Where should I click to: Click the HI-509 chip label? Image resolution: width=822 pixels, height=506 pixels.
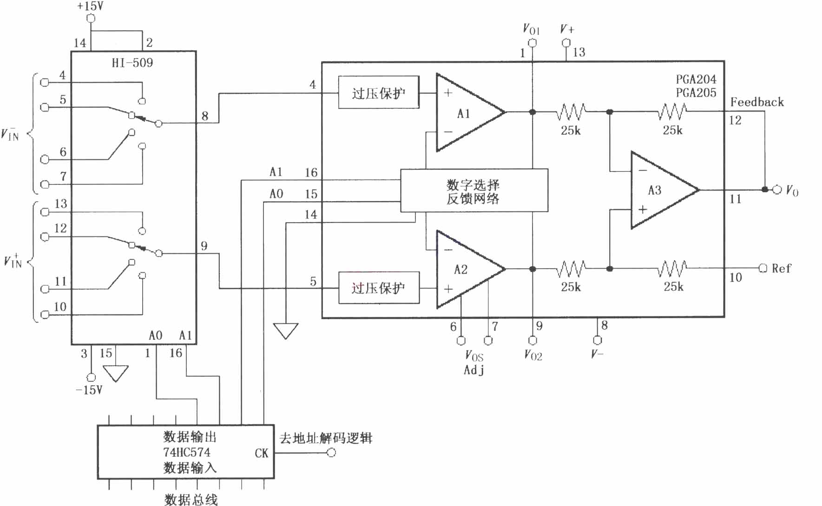coord(132,63)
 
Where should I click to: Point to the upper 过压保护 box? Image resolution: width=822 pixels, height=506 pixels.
coord(379,92)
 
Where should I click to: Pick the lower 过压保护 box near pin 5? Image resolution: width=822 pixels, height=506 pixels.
coord(379,288)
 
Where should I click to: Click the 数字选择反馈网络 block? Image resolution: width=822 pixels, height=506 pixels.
coord(474,191)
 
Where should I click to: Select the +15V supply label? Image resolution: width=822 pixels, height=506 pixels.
coord(90,7)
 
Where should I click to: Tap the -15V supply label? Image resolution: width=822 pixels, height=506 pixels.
coord(89,390)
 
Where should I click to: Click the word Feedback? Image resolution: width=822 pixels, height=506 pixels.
coord(757,102)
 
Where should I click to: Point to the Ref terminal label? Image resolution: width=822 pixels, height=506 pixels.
coord(781,268)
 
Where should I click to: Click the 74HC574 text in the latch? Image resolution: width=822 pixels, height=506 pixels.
coord(186,452)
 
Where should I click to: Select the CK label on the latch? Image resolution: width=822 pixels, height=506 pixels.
coord(262,453)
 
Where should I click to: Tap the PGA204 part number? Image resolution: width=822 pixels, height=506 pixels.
coord(696,79)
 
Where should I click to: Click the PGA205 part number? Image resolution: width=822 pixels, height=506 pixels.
coord(696,93)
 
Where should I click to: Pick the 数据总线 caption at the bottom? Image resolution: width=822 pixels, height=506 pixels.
coord(191,499)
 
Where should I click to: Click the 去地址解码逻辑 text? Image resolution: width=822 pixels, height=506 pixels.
coord(326,438)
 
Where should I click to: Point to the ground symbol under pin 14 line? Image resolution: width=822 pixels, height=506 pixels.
coord(285,331)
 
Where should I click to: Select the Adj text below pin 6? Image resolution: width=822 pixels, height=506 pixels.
coord(474,370)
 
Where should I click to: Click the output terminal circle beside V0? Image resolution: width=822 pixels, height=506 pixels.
coord(777,190)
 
